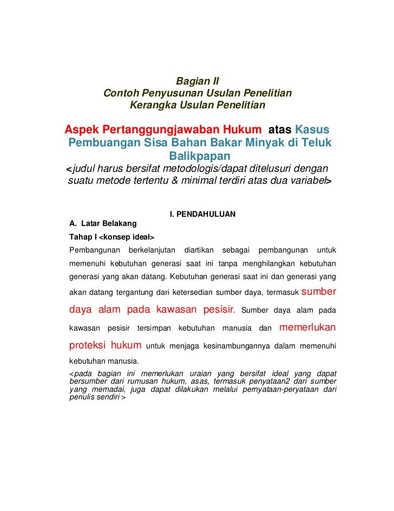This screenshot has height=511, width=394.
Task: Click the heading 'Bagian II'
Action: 197,82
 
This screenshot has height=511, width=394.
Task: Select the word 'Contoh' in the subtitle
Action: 120,93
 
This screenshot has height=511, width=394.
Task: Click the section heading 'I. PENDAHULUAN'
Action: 203,214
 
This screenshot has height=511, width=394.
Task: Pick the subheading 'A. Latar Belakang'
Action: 103,223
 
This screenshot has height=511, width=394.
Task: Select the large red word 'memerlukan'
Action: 307,327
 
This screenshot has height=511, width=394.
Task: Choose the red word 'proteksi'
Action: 87,345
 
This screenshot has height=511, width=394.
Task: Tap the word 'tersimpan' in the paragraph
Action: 154,329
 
